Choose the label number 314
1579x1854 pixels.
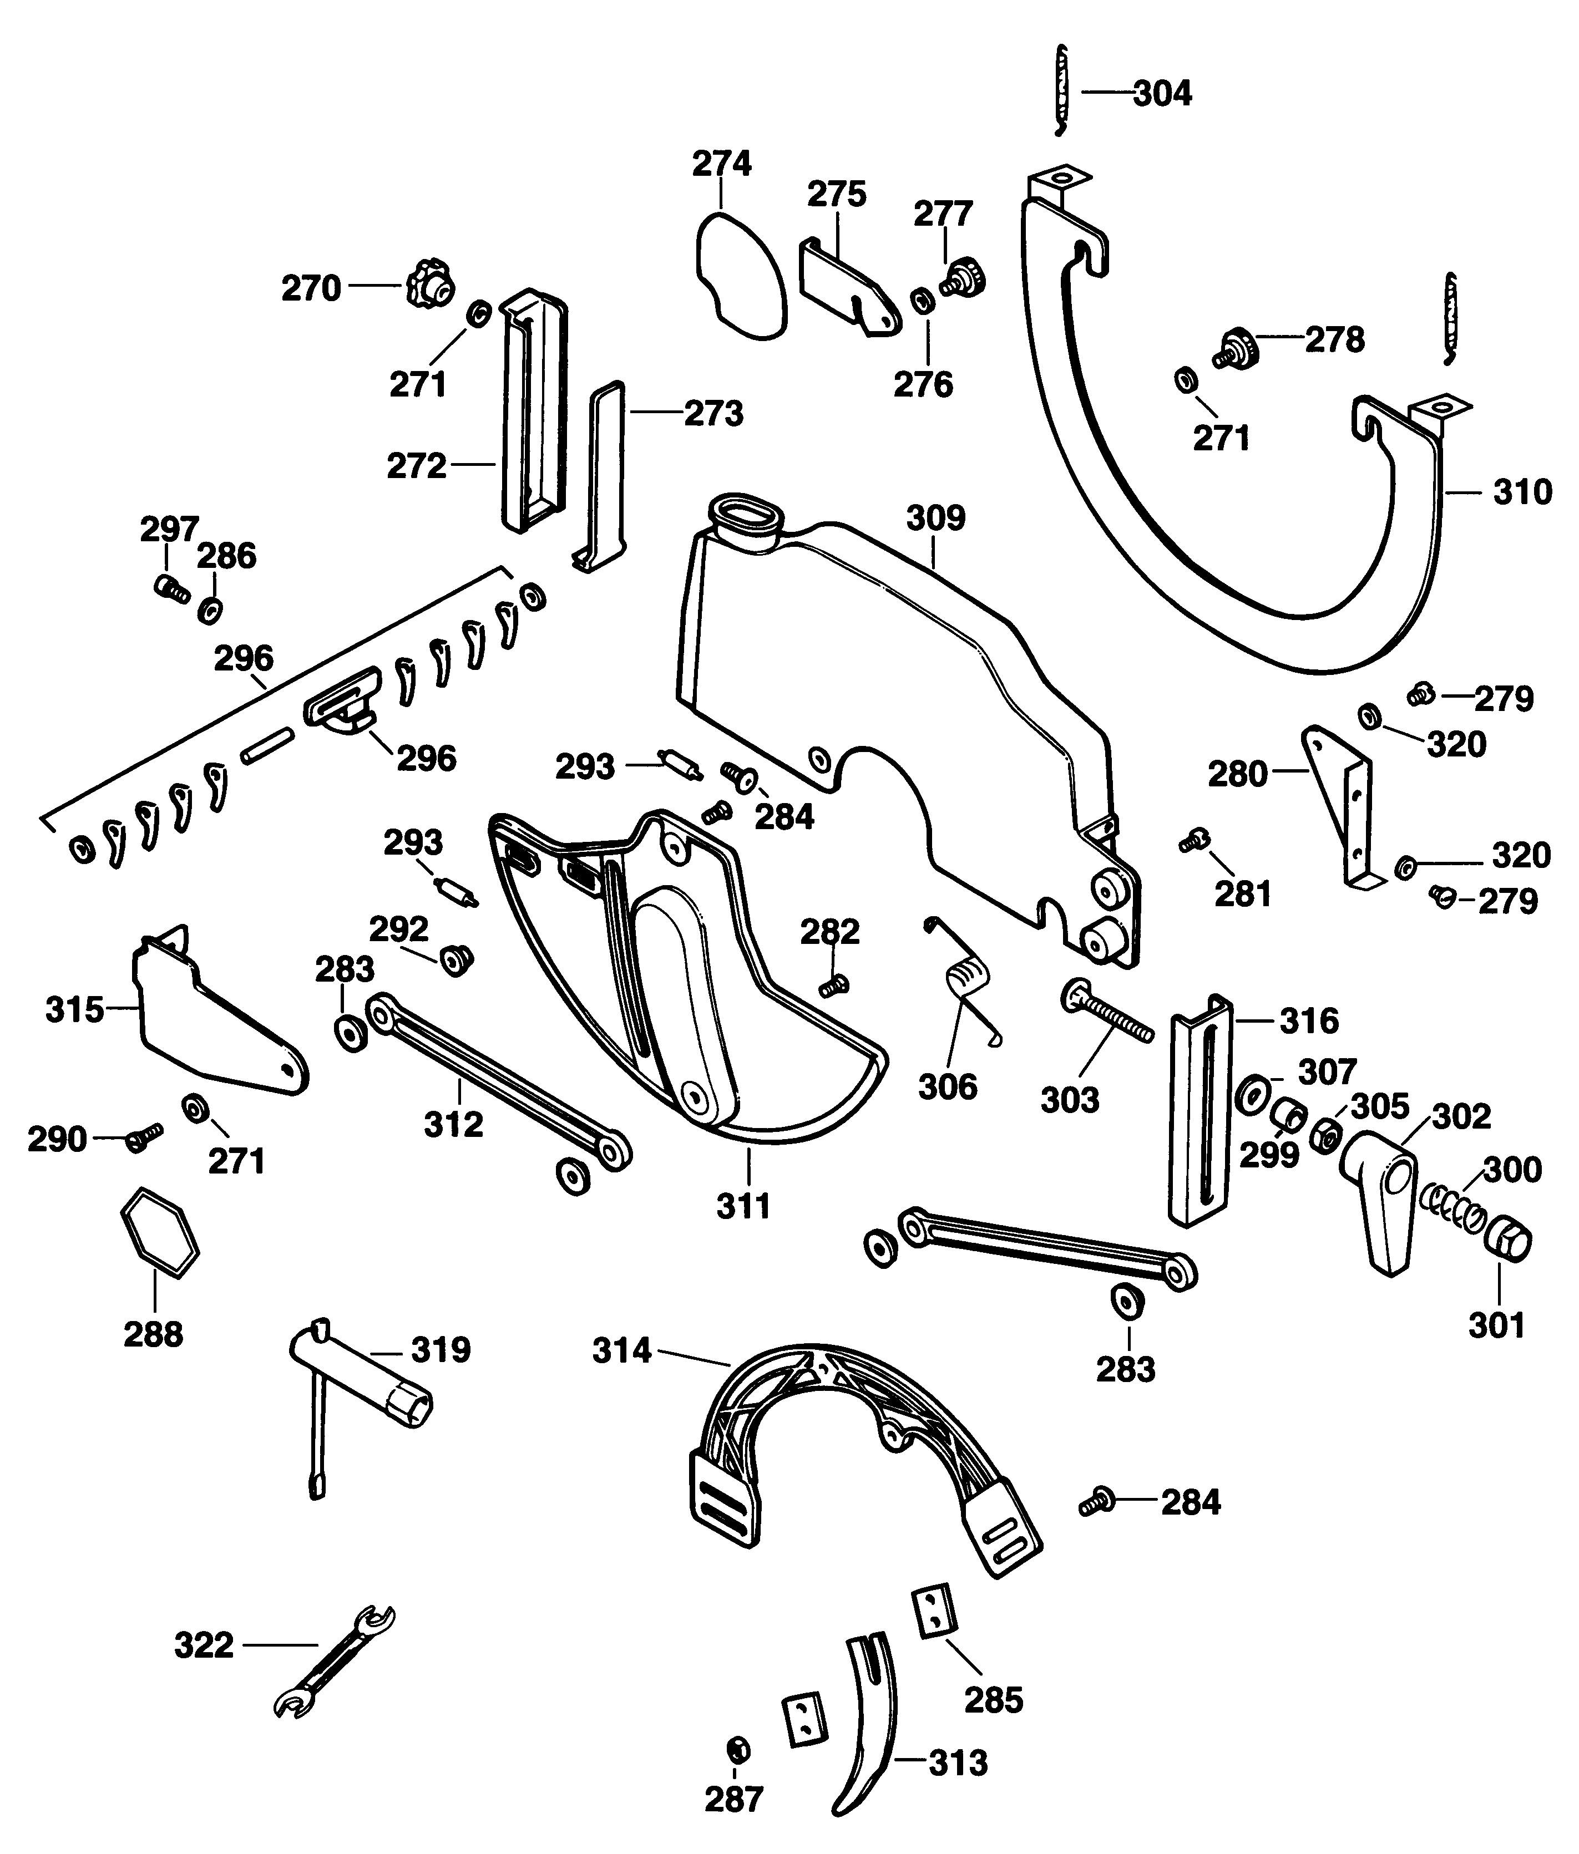(x=621, y=1350)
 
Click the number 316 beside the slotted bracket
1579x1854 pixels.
(x=1309, y=1020)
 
